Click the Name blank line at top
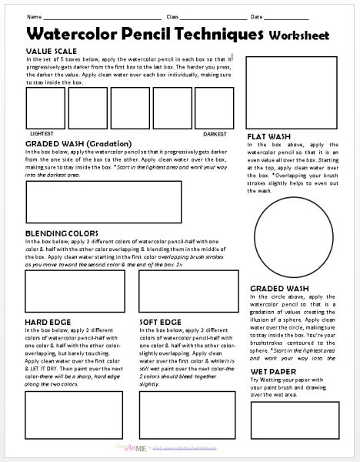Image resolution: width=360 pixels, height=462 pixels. pyautogui.click(x=100, y=16)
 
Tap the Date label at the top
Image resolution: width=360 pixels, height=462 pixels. pyautogui.click(x=256, y=16)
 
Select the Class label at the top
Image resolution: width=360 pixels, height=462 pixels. pyautogui.click(x=172, y=16)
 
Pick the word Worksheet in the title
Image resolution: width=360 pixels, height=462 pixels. pyautogui.click(x=299, y=35)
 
